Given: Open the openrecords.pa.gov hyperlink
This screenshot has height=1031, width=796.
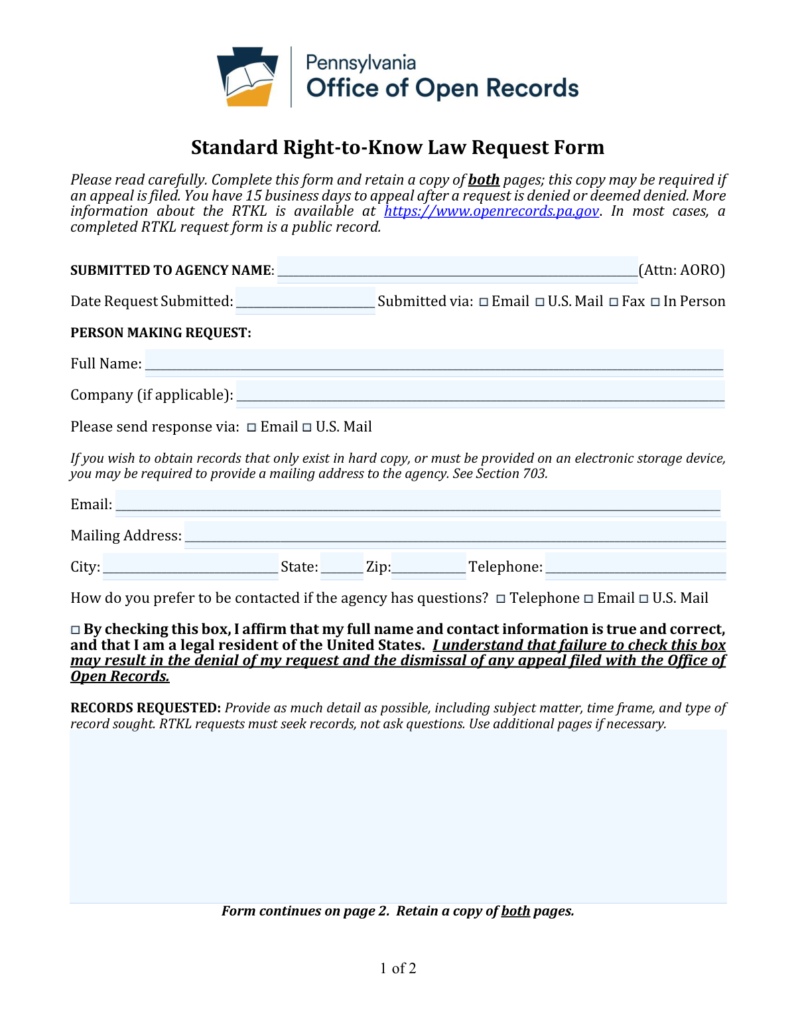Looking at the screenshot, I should pos(491,211).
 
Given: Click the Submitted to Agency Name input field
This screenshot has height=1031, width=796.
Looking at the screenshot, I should pos(457,270).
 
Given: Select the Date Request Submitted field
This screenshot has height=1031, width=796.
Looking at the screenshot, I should pos(305,301).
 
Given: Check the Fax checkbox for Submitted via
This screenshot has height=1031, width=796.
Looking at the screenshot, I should pos(614,302).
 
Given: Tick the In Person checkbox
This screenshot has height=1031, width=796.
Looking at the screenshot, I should pos(655,302).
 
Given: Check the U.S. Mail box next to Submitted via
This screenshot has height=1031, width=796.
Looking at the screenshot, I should pos(540,302).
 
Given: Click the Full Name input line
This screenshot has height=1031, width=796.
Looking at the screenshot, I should pos(434,363).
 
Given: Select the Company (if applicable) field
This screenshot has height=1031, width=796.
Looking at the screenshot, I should pos(480,394).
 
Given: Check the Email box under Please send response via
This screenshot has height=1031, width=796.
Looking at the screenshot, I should pos(251,428).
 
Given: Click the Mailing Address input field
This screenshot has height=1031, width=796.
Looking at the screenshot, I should pos(455,535).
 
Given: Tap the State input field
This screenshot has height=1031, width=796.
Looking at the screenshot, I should pos(342,566).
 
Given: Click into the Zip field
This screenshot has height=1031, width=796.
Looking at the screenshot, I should pos(429,566).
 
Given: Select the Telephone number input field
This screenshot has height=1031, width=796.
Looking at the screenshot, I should pos(635,566).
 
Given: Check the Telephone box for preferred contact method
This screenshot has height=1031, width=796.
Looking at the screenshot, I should pos(501,599).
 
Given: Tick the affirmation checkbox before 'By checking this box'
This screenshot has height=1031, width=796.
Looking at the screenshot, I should pos(75,629).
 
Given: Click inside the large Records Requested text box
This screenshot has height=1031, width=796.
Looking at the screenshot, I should pos(398,816).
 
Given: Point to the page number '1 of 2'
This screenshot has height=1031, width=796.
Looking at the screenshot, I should pos(398,968).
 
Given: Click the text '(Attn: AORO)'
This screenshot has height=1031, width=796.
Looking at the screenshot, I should pos(681,270).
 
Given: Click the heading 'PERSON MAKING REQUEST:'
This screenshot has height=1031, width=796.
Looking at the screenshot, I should pos(161,333).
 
